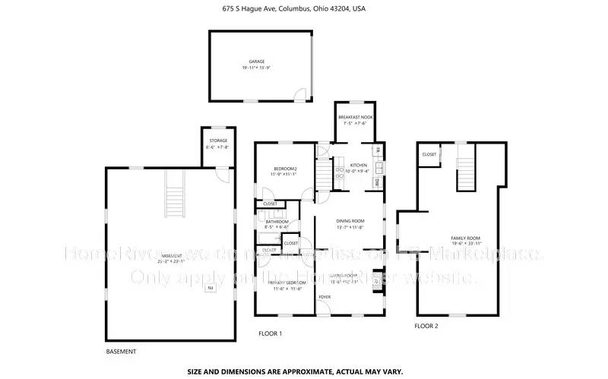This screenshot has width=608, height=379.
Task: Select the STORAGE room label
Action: click(x=218, y=141)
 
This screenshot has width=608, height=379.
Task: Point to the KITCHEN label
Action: click(x=359, y=165)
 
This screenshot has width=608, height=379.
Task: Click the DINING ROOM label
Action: click(x=350, y=221)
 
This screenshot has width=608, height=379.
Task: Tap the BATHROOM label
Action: click(x=277, y=221)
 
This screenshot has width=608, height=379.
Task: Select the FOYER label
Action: click(x=325, y=297)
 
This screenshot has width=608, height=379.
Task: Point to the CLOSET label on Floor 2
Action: click(x=429, y=154)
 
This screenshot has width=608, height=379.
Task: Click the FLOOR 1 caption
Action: click(x=270, y=333)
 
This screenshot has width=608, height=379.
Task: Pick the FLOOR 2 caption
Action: click(x=426, y=326)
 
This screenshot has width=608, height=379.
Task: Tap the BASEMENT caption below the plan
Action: click(x=121, y=352)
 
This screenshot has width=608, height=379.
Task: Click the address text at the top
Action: click(x=304, y=10)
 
